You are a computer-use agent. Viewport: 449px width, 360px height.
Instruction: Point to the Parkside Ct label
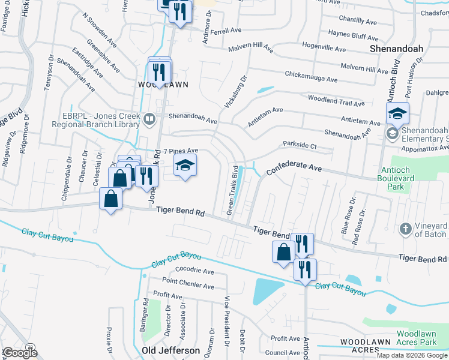300,145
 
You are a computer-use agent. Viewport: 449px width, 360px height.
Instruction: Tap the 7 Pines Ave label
181,151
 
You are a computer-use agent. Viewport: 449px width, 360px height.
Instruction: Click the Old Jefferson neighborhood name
171,350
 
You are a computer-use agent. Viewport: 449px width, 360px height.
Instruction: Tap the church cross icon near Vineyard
406,229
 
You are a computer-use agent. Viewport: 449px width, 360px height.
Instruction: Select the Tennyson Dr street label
49,74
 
